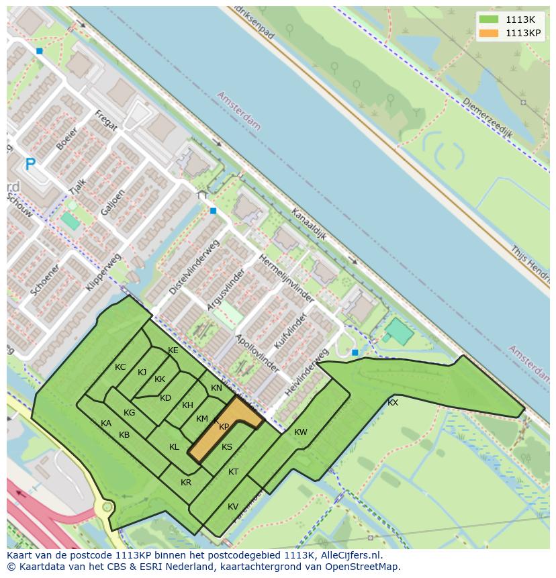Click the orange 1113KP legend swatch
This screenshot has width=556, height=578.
point(489,33)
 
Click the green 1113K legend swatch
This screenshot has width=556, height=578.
point(489,19)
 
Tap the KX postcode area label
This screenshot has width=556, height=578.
point(393,403)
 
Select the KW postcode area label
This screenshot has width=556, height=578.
point(300,432)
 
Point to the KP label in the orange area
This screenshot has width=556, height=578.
point(224,427)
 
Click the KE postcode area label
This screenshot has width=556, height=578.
point(173,350)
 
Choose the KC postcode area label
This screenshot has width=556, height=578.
point(120,367)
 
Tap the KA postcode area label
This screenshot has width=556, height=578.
point(106,424)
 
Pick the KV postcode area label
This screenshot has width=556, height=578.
point(233,507)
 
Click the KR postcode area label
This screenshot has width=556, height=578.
point(186,483)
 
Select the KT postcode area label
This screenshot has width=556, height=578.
point(233,472)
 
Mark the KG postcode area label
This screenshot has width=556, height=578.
point(130,413)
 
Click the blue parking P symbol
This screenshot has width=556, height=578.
point(30,164)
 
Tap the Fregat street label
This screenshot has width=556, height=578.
point(106,120)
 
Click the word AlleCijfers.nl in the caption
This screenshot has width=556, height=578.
point(349,556)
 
